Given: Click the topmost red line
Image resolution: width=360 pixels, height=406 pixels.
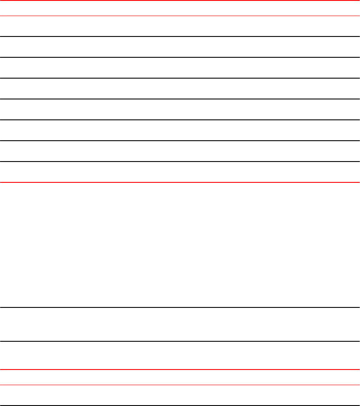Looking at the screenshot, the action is [180, 0].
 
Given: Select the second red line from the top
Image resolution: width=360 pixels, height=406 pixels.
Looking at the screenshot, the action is [180, 16].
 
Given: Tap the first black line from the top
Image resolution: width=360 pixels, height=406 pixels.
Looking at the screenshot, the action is [180, 36].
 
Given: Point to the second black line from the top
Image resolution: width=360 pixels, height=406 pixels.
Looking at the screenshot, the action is [180, 57].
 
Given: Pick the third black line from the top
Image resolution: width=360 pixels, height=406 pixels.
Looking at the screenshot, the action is [180, 78].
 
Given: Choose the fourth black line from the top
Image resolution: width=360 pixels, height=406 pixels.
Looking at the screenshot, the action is [180, 99].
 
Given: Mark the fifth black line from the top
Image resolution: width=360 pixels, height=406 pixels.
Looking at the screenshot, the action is [180, 120].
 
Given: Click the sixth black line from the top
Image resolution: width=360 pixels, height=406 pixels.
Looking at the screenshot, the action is [180, 141].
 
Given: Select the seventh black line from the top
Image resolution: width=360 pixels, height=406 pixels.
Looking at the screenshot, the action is [180, 162].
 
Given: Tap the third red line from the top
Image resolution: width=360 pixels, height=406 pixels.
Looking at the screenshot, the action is [180, 182].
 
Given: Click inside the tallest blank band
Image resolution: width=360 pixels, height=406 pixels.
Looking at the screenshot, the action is [180, 245].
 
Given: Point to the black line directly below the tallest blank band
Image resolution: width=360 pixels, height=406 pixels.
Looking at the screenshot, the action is [180, 307].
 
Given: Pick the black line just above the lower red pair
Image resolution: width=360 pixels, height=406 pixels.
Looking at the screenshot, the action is [180, 341].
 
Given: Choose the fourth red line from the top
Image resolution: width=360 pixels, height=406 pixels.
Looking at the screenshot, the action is [180, 370].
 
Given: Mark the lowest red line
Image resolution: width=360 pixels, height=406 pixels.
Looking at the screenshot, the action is [180, 385].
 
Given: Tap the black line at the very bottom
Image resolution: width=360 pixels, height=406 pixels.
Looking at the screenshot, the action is [180, 406].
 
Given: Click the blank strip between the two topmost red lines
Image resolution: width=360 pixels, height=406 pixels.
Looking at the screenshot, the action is [180, 8].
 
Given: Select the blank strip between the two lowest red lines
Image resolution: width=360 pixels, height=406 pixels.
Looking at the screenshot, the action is [180, 377].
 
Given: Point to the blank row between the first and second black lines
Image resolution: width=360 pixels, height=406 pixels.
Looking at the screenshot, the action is [180, 47].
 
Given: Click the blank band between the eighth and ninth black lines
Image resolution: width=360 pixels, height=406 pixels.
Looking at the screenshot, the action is [180, 324].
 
